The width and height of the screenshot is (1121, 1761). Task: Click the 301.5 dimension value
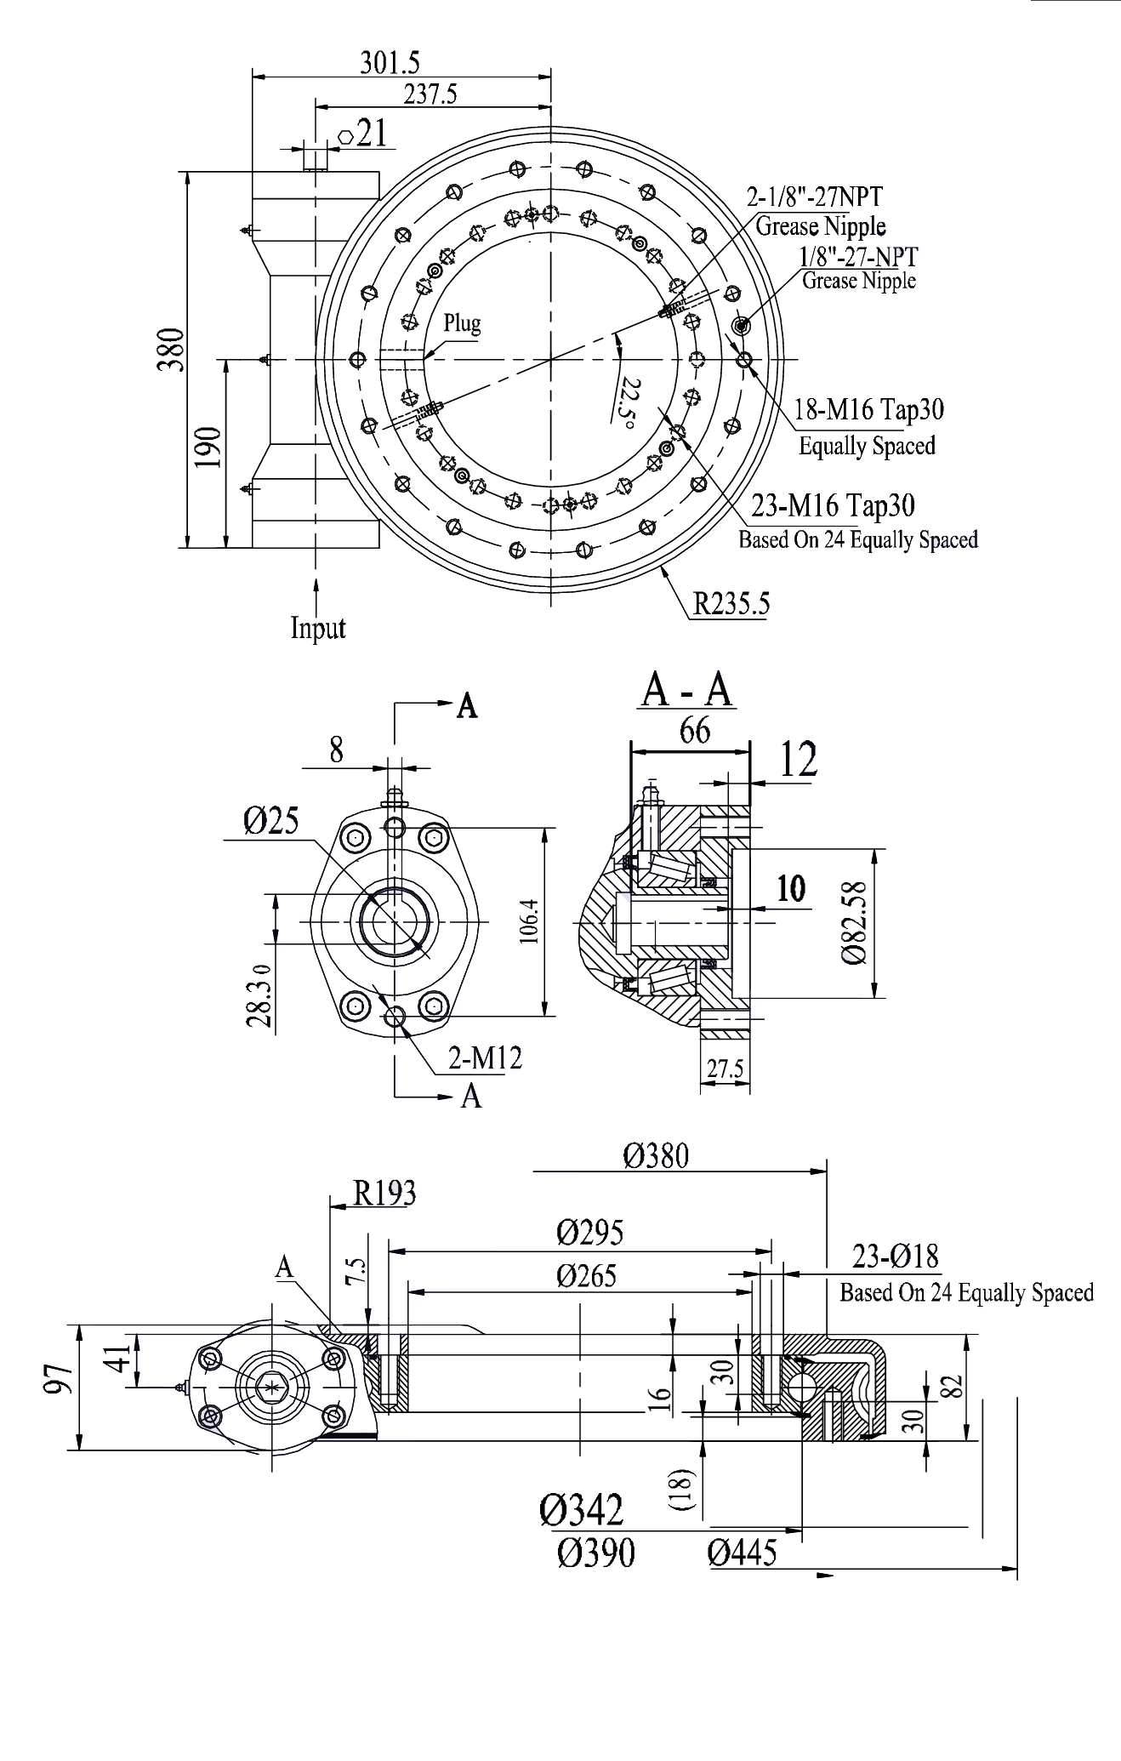click(390, 63)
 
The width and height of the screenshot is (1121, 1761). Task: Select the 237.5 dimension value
click(430, 94)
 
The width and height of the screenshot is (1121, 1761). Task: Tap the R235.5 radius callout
click(731, 603)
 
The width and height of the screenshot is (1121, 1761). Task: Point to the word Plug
click(462, 323)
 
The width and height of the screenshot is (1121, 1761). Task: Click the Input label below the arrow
click(318, 628)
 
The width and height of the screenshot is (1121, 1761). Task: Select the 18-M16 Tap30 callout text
click(869, 409)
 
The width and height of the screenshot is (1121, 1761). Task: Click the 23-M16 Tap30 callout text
click(833, 505)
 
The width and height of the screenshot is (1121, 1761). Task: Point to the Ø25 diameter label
click(270, 821)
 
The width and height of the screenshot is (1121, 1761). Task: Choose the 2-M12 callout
click(485, 1057)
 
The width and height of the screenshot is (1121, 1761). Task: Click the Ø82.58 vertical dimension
click(855, 922)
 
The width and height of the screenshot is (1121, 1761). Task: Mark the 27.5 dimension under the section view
click(725, 1068)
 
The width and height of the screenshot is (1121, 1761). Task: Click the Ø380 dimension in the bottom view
click(656, 1155)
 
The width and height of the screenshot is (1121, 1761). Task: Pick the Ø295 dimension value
click(590, 1232)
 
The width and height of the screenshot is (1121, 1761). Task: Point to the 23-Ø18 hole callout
click(895, 1256)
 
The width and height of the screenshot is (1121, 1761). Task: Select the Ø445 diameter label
click(742, 1553)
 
